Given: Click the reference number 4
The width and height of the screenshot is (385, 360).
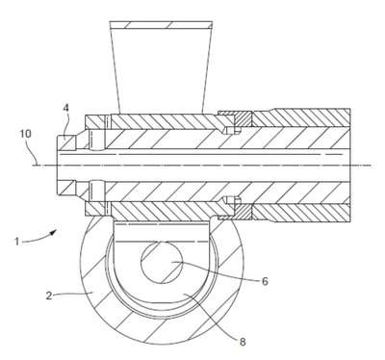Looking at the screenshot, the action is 65,108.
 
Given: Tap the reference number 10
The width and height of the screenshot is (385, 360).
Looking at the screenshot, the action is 26,134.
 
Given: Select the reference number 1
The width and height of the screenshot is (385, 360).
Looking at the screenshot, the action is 17,241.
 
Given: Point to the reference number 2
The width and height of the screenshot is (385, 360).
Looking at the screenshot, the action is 49,296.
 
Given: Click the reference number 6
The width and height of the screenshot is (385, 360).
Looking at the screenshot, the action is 265,281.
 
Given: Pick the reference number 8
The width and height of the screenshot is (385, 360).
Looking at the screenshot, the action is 243,342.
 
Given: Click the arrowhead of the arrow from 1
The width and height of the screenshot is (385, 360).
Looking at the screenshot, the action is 55,231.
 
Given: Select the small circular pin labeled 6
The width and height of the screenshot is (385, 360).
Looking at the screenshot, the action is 162,263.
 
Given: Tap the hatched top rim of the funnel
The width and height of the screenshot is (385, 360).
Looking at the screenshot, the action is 161,24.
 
